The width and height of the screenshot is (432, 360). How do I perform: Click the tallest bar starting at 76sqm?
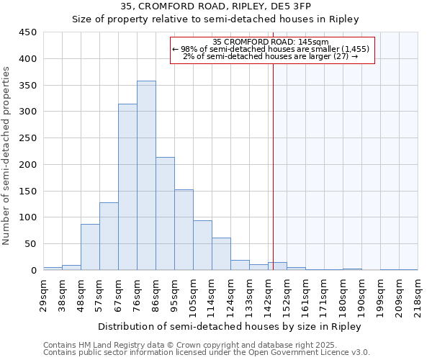[146, 176]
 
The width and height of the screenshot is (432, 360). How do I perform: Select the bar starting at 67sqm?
[127, 187]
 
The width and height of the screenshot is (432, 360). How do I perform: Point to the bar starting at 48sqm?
[90, 247]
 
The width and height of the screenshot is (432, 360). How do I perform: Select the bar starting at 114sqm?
[221, 254]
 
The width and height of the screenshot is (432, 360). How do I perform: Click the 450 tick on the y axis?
[27, 32]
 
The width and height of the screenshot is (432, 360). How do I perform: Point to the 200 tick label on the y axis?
[27, 165]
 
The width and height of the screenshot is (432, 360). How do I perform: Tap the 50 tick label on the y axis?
[30, 244]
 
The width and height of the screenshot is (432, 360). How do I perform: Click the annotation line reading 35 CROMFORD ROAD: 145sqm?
[271, 42]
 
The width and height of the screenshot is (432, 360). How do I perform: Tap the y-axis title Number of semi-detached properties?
[7, 155]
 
